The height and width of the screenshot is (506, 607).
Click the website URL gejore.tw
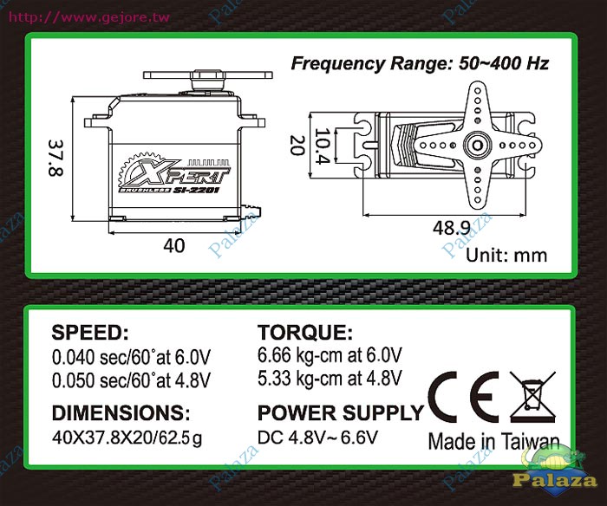click(89, 17)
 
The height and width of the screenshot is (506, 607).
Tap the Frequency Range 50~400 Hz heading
click(420, 63)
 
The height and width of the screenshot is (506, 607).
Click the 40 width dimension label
click(174, 246)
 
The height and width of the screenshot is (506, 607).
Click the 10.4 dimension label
click(323, 146)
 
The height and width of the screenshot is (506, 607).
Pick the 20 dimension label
click(297, 145)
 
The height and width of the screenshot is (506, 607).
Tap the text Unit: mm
click(506, 256)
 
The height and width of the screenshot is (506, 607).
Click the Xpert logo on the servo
click(175, 177)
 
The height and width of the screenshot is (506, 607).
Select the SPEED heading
click(90, 333)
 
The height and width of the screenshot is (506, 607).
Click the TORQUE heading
click(305, 333)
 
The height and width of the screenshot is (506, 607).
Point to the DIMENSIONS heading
click(121, 412)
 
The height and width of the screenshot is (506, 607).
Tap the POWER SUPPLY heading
click(341, 412)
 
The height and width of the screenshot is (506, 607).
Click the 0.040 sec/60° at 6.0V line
click(131, 357)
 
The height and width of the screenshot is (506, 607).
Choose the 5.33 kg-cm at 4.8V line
click(330, 378)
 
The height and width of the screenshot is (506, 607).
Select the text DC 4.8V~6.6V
click(317, 438)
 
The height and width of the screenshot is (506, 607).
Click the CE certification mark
click(464, 399)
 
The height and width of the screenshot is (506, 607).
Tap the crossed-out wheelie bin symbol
click(532, 398)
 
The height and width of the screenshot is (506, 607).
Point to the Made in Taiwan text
click(494, 441)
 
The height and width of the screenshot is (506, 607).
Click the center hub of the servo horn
click(477, 146)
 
